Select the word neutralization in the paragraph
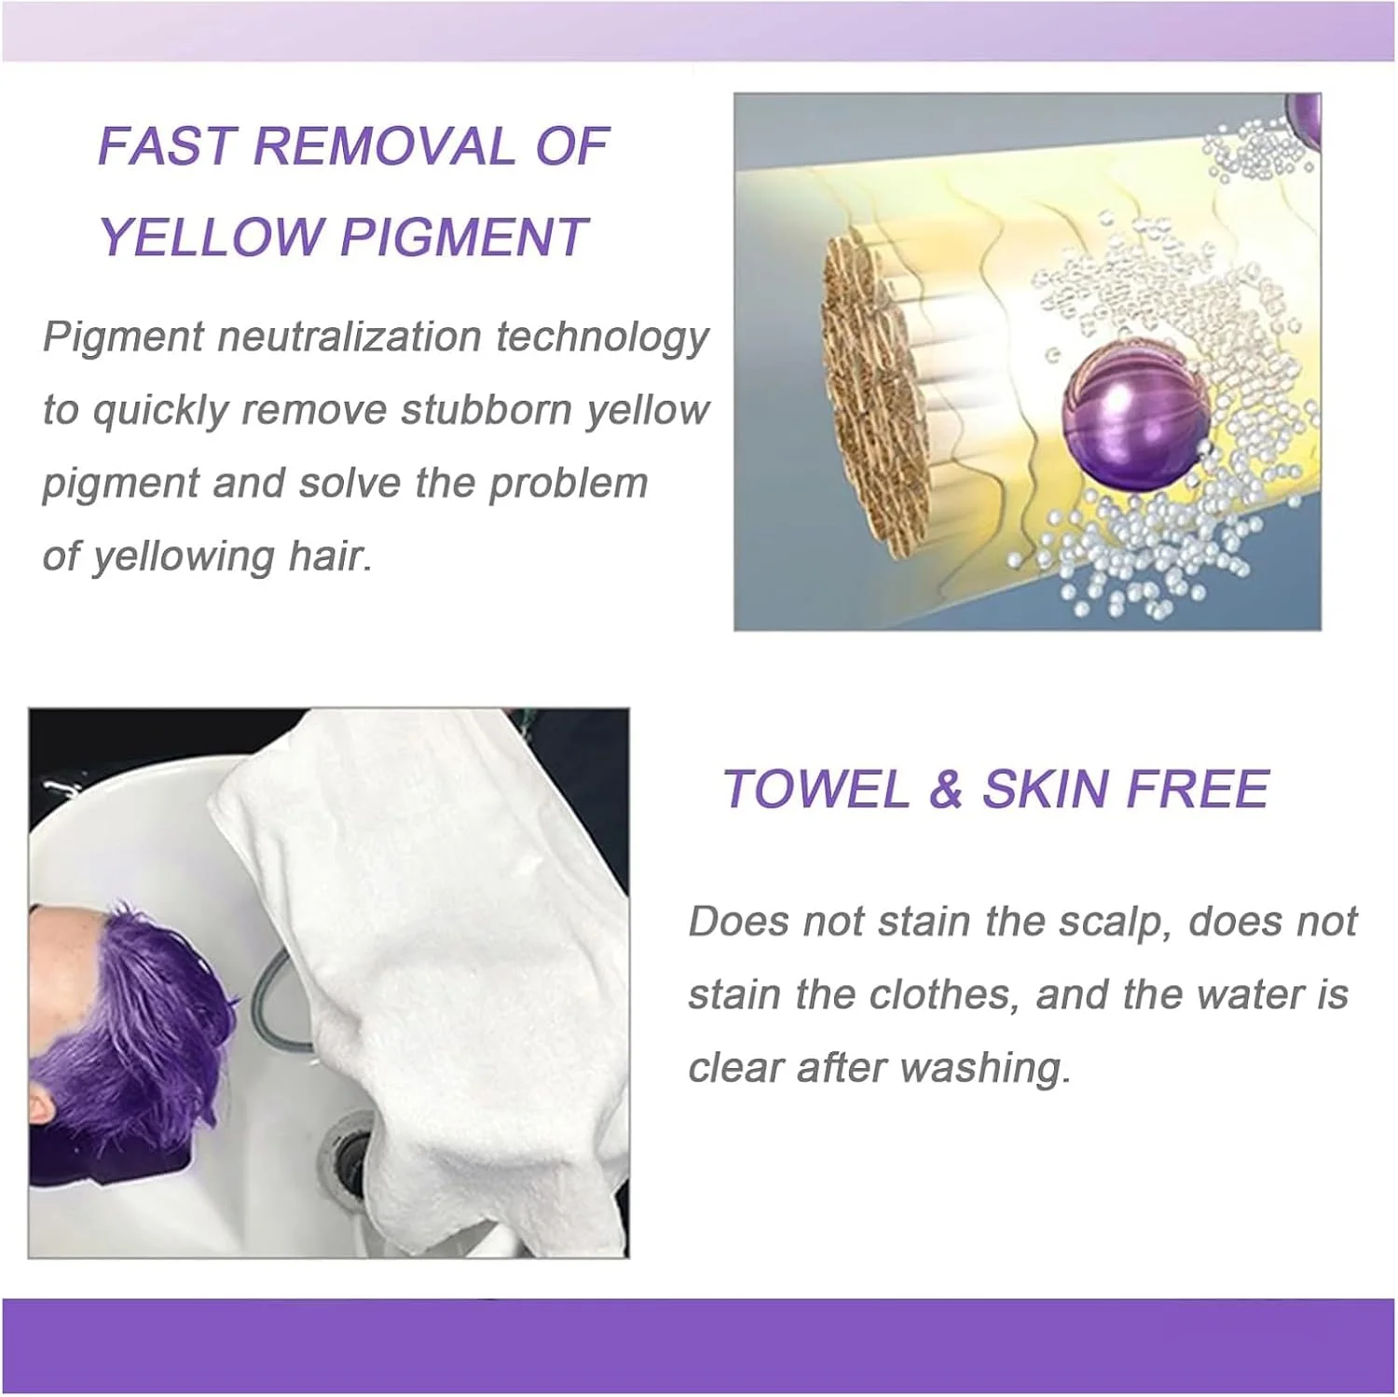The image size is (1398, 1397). tap(347, 336)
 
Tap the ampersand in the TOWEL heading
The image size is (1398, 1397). tap(945, 789)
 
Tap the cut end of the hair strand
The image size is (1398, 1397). tap(876, 397)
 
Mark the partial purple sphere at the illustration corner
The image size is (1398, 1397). tap(1304, 120)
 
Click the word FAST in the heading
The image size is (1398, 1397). tap(166, 146)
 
